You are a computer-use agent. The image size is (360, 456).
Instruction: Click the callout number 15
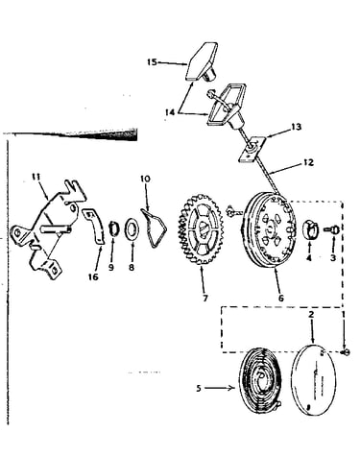coord(152,62)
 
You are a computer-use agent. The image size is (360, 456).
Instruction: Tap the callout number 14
coord(170,112)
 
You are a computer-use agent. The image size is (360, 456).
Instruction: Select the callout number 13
coord(297,127)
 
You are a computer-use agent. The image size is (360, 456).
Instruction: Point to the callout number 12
coord(308,162)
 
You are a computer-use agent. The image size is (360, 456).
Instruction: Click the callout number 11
coord(36,176)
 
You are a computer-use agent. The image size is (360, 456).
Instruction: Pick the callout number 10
coord(145,179)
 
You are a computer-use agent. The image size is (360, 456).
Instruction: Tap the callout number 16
coord(93,276)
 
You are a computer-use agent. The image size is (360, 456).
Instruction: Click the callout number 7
coord(205,298)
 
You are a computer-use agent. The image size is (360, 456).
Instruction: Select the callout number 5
coord(199,389)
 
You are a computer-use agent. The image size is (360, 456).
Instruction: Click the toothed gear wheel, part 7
coord(201,229)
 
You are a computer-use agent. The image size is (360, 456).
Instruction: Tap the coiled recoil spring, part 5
coord(261,383)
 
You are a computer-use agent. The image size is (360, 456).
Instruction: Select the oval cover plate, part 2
coord(314,379)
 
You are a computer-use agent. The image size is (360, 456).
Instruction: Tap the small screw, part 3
coord(330,229)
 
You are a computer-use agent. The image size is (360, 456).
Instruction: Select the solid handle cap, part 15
coord(203,61)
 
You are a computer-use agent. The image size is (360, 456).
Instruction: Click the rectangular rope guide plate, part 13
coord(252,150)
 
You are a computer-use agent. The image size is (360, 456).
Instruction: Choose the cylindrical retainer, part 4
coord(310,229)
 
